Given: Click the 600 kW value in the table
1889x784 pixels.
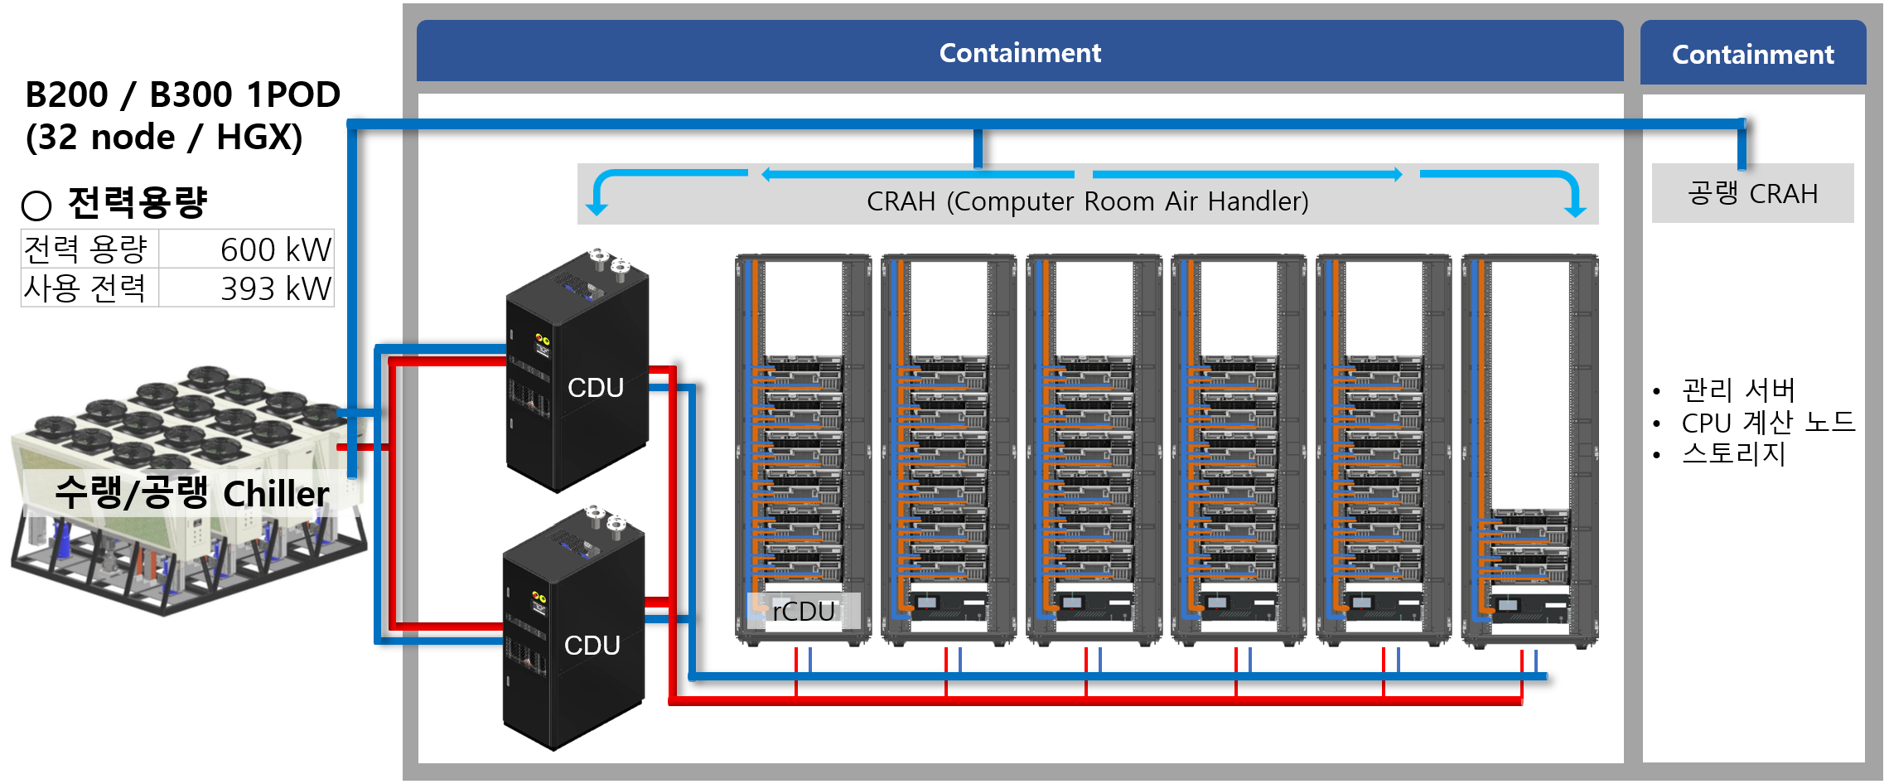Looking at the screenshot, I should [275, 249].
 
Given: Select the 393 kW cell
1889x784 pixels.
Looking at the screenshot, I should [275, 288].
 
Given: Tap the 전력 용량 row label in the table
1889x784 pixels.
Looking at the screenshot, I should [85, 249].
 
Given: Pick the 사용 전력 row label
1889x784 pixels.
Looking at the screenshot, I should [85, 288].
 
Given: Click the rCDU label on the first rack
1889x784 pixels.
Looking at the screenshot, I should [803, 612].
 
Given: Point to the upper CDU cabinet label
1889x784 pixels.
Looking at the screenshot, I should [595, 388].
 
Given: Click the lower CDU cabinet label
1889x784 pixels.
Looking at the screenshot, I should [592, 646].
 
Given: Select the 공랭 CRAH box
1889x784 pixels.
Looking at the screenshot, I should [1752, 194].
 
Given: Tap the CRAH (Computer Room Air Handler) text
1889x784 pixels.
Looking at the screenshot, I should [1087, 201].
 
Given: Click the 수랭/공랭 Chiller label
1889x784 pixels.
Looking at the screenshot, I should [191, 493].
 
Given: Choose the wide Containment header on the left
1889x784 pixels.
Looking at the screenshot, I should [1019, 53].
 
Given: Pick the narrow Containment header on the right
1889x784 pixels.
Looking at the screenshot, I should [1752, 55].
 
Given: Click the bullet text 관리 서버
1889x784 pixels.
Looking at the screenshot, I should [1737, 390].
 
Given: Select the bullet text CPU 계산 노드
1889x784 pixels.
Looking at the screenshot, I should [1767, 423].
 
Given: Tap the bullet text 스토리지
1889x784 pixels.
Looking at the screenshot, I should [1733, 454].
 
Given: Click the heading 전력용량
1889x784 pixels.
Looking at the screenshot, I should [137, 202].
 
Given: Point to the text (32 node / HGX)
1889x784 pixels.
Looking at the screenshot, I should [164, 138].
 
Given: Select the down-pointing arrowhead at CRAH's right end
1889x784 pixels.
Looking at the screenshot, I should [1575, 209].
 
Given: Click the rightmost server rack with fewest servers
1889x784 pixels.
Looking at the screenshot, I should [1529, 452].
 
